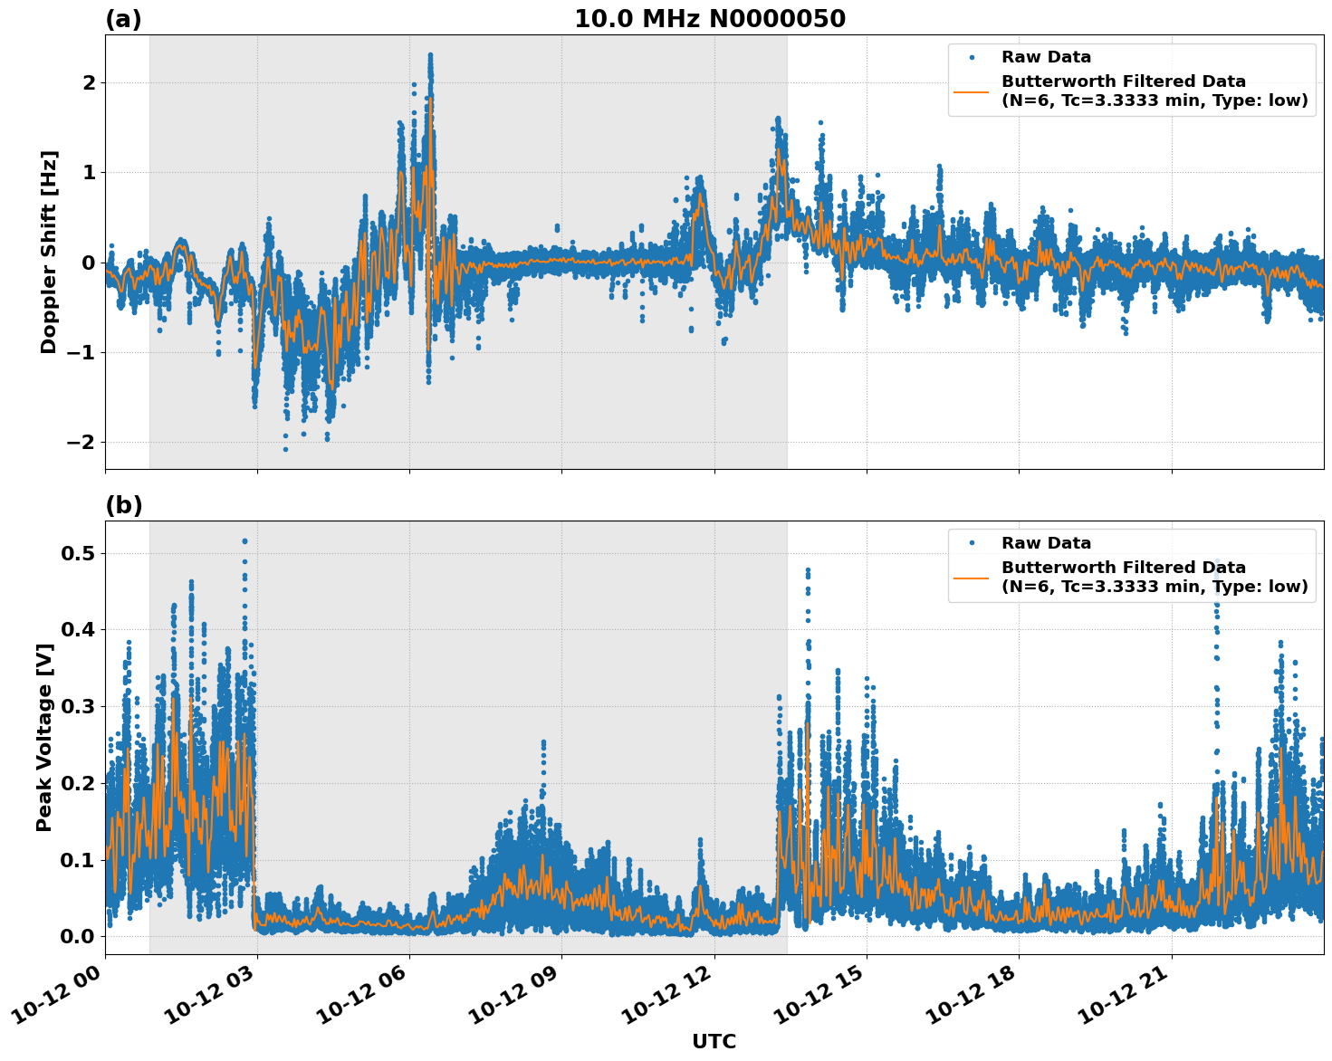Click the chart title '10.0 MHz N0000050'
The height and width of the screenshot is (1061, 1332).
709,19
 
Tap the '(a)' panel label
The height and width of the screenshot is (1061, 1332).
123,19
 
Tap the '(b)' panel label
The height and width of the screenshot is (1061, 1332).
123,505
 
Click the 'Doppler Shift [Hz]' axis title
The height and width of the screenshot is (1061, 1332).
49,252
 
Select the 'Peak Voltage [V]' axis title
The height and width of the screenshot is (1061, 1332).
44,737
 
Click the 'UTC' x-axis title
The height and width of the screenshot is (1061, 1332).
714,1041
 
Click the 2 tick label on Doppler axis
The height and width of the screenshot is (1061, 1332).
89,82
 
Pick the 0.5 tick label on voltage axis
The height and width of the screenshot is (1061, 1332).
78,553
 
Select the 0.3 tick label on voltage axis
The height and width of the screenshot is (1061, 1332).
78,706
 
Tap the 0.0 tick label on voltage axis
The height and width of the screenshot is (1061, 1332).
78,936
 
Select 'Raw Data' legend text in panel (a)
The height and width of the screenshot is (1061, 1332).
1046,57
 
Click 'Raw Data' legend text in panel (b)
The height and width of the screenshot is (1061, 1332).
1046,543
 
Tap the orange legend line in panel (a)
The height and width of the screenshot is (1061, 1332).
972,91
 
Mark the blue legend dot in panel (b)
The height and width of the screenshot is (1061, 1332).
972,543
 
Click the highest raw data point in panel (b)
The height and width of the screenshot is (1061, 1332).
244,541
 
